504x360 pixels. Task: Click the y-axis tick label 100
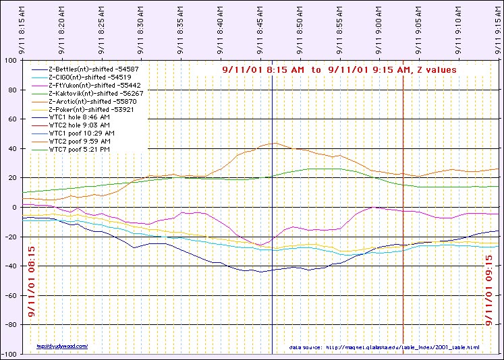[11, 60]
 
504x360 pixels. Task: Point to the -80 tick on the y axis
[11, 325]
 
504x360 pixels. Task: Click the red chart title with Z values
[339, 69]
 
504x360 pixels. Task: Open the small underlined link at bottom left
[62, 346]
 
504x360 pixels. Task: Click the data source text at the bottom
[384, 347]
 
